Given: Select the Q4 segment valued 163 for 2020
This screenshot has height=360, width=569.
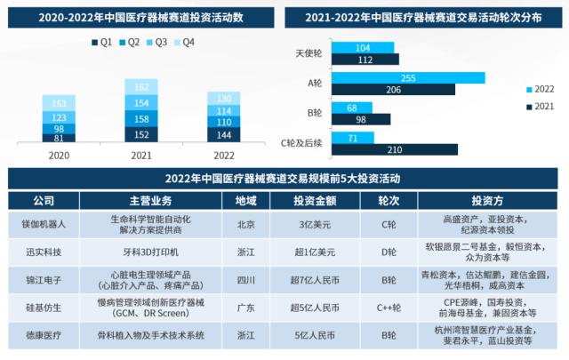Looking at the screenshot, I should [x=60, y=103].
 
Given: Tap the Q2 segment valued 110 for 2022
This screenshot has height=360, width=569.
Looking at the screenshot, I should [x=226, y=122].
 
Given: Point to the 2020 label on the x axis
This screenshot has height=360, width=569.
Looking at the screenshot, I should [x=60, y=153].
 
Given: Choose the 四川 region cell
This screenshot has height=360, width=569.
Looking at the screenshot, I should [x=245, y=281].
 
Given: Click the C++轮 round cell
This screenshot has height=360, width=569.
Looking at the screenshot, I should [x=389, y=308].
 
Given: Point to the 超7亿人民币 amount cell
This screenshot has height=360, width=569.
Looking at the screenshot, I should [x=317, y=281].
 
